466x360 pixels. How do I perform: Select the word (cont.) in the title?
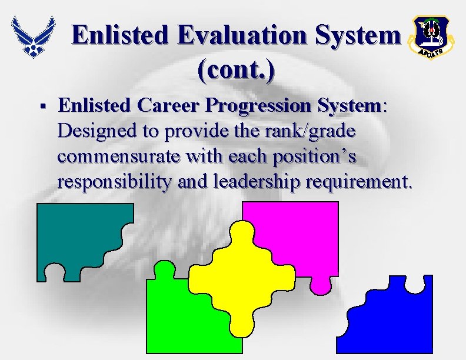pyautogui.click(x=236, y=69)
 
